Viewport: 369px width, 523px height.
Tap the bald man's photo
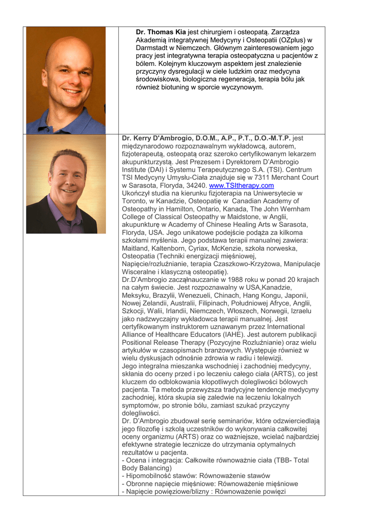(x=66, y=80)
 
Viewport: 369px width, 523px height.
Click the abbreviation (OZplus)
(x=291, y=40)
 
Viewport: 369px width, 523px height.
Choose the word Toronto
(x=135, y=201)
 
